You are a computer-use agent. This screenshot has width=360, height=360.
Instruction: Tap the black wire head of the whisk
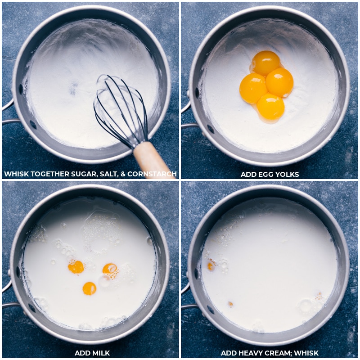[x=121, y=111]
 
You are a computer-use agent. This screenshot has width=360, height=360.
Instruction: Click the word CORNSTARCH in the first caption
[x=152, y=174]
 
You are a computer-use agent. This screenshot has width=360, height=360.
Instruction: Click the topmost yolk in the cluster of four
[x=265, y=63]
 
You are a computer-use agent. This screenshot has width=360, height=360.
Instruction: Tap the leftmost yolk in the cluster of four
[x=253, y=88]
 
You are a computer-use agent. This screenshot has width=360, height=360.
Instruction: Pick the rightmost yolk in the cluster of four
[x=279, y=82]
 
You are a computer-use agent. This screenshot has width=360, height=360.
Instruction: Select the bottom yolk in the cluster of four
[x=271, y=106]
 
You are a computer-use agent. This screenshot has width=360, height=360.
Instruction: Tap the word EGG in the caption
[x=266, y=175]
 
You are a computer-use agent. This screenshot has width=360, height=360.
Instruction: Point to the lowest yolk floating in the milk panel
[x=89, y=288]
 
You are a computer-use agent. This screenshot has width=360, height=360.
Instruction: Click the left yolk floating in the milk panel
[x=76, y=267]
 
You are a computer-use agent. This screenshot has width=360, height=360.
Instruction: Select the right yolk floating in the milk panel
[x=110, y=269]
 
